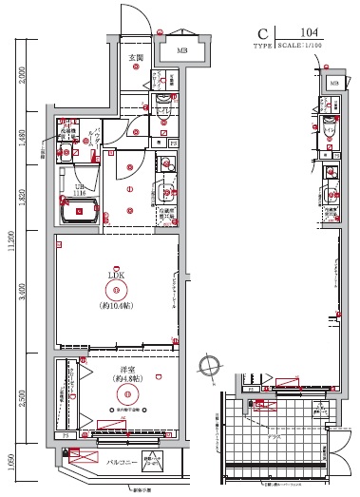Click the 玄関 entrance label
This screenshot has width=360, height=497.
(136, 58)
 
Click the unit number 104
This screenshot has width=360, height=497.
(309, 32)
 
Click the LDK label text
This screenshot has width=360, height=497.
(116, 275)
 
